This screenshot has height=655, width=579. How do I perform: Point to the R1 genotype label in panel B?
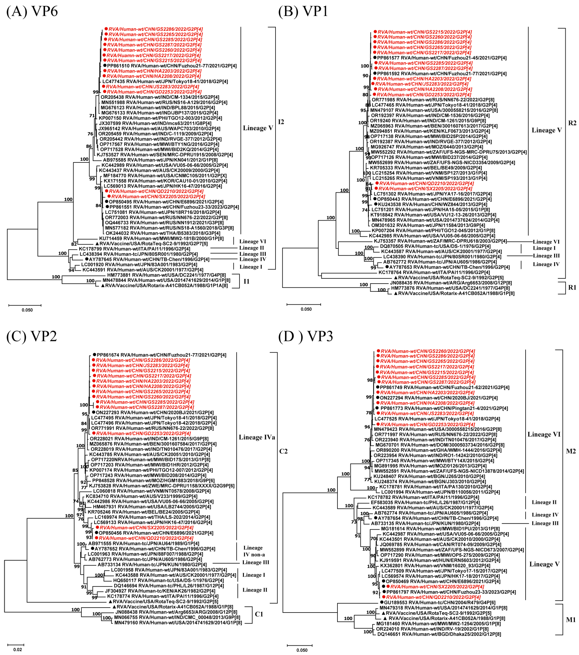572,288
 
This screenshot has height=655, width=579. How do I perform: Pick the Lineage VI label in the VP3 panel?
544,434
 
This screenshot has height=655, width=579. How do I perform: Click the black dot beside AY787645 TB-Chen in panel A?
86,259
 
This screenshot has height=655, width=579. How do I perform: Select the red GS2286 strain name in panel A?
155,29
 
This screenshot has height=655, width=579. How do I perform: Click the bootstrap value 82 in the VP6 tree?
74,244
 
